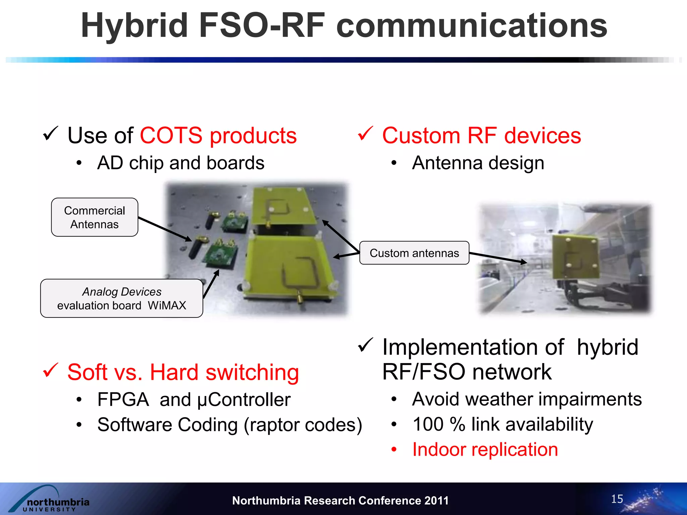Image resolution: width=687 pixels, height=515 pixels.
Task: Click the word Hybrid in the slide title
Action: pos(134,26)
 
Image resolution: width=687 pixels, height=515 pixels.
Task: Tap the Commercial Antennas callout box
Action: pos(94,217)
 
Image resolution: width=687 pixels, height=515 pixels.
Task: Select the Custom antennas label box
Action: pos(414,253)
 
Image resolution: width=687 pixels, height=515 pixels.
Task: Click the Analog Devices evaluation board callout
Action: pos(121,298)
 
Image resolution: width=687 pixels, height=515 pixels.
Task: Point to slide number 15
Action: pos(617,499)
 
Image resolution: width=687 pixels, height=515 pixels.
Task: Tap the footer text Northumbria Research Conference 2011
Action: pos(340,501)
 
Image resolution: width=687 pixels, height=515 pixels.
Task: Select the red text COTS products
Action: pos(218,135)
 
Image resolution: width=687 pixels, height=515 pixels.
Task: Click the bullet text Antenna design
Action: pos(478,163)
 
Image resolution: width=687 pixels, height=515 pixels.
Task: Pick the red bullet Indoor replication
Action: pos(485,450)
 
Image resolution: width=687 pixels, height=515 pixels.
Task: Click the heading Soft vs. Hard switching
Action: pos(183,372)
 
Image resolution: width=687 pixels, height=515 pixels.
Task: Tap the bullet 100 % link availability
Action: pos(503,424)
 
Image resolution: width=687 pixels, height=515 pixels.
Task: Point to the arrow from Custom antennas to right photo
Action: pos(498,257)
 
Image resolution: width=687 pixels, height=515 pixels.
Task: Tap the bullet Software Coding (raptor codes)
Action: pos(229,425)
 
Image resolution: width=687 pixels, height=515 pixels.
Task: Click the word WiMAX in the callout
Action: pos(167,305)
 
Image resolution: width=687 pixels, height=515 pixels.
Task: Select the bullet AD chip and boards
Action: pos(180,163)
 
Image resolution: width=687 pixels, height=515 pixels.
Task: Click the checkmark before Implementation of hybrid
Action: pos(365,345)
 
